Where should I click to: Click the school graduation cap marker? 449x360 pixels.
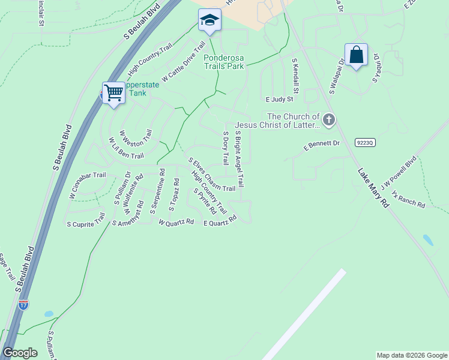coord(209,20)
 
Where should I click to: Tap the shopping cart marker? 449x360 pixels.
coord(113,93)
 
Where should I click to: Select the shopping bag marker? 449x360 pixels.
coord(356,55)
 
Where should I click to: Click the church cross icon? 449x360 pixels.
coord(328,120)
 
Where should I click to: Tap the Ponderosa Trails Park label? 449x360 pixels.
coord(224,62)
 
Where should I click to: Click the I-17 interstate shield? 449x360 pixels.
coord(23,304)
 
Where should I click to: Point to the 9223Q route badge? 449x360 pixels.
coord(364,142)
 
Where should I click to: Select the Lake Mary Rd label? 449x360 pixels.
coord(373,188)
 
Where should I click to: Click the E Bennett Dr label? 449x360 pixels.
coord(322,144)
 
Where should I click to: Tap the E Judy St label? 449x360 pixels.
coord(279,99)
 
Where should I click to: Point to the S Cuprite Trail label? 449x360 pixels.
coord(86,220)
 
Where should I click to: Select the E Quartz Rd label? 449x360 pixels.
coord(220,221)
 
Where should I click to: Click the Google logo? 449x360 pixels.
coord(20,353)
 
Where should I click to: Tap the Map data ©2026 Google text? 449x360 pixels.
coord(411,355)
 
